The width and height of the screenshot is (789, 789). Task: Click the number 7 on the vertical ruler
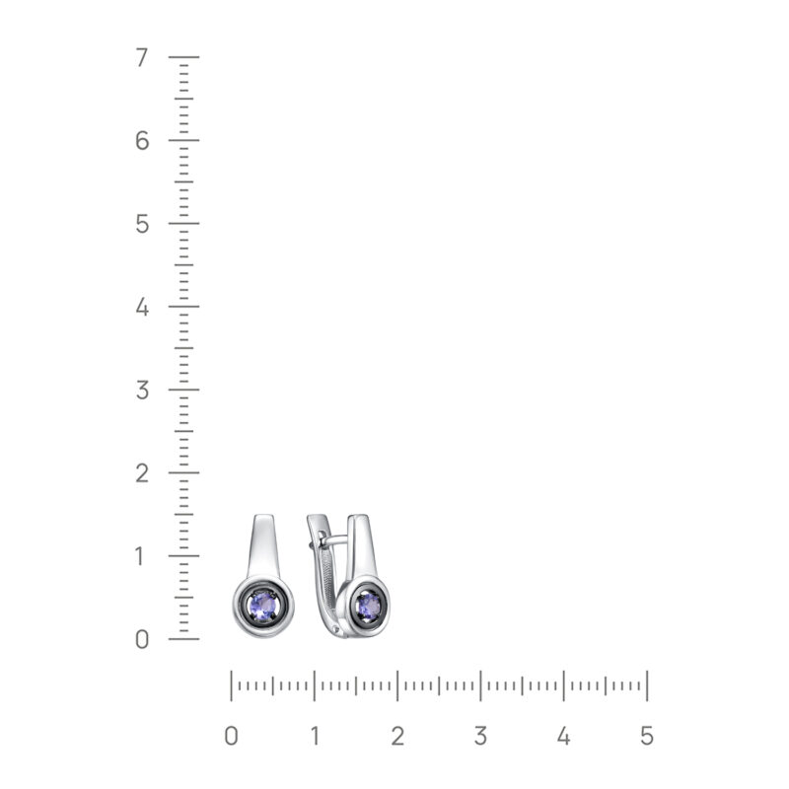pos(142,57)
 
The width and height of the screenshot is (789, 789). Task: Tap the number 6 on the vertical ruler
pos(142,140)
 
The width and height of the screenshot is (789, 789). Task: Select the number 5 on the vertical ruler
pos(142,224)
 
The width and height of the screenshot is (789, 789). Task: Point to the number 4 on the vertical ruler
pos(142,307)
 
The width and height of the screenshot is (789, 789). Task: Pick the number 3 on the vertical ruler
pos(142,390)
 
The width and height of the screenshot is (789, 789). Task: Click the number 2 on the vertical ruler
pos(142,473)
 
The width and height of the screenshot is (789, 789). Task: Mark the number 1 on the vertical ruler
pos(140,556)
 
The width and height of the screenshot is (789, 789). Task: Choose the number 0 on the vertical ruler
pos(142,639)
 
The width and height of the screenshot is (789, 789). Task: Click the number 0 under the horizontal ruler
pos(231,736)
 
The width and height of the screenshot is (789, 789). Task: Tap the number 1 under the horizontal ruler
pos(315,736)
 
